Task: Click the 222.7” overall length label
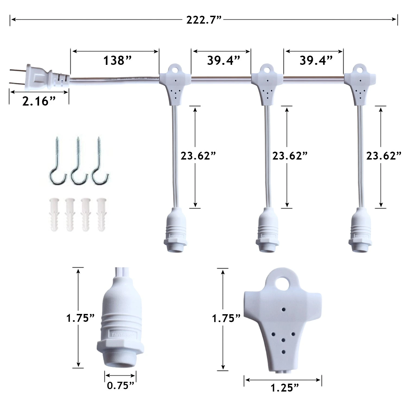click(x=204, y=20)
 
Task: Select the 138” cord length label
click(x=117, y=61)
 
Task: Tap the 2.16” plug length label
click(x=39, y=101)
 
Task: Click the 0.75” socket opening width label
click(x=120, y=385)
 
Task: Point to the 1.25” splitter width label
click(x=285, y=388)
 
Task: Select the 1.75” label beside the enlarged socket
click(x=81, y=318)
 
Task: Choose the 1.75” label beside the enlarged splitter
click(x=226, y=318)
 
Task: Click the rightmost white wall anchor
click(x=102, y=214)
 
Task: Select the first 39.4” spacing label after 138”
click(x=224, y=61)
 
